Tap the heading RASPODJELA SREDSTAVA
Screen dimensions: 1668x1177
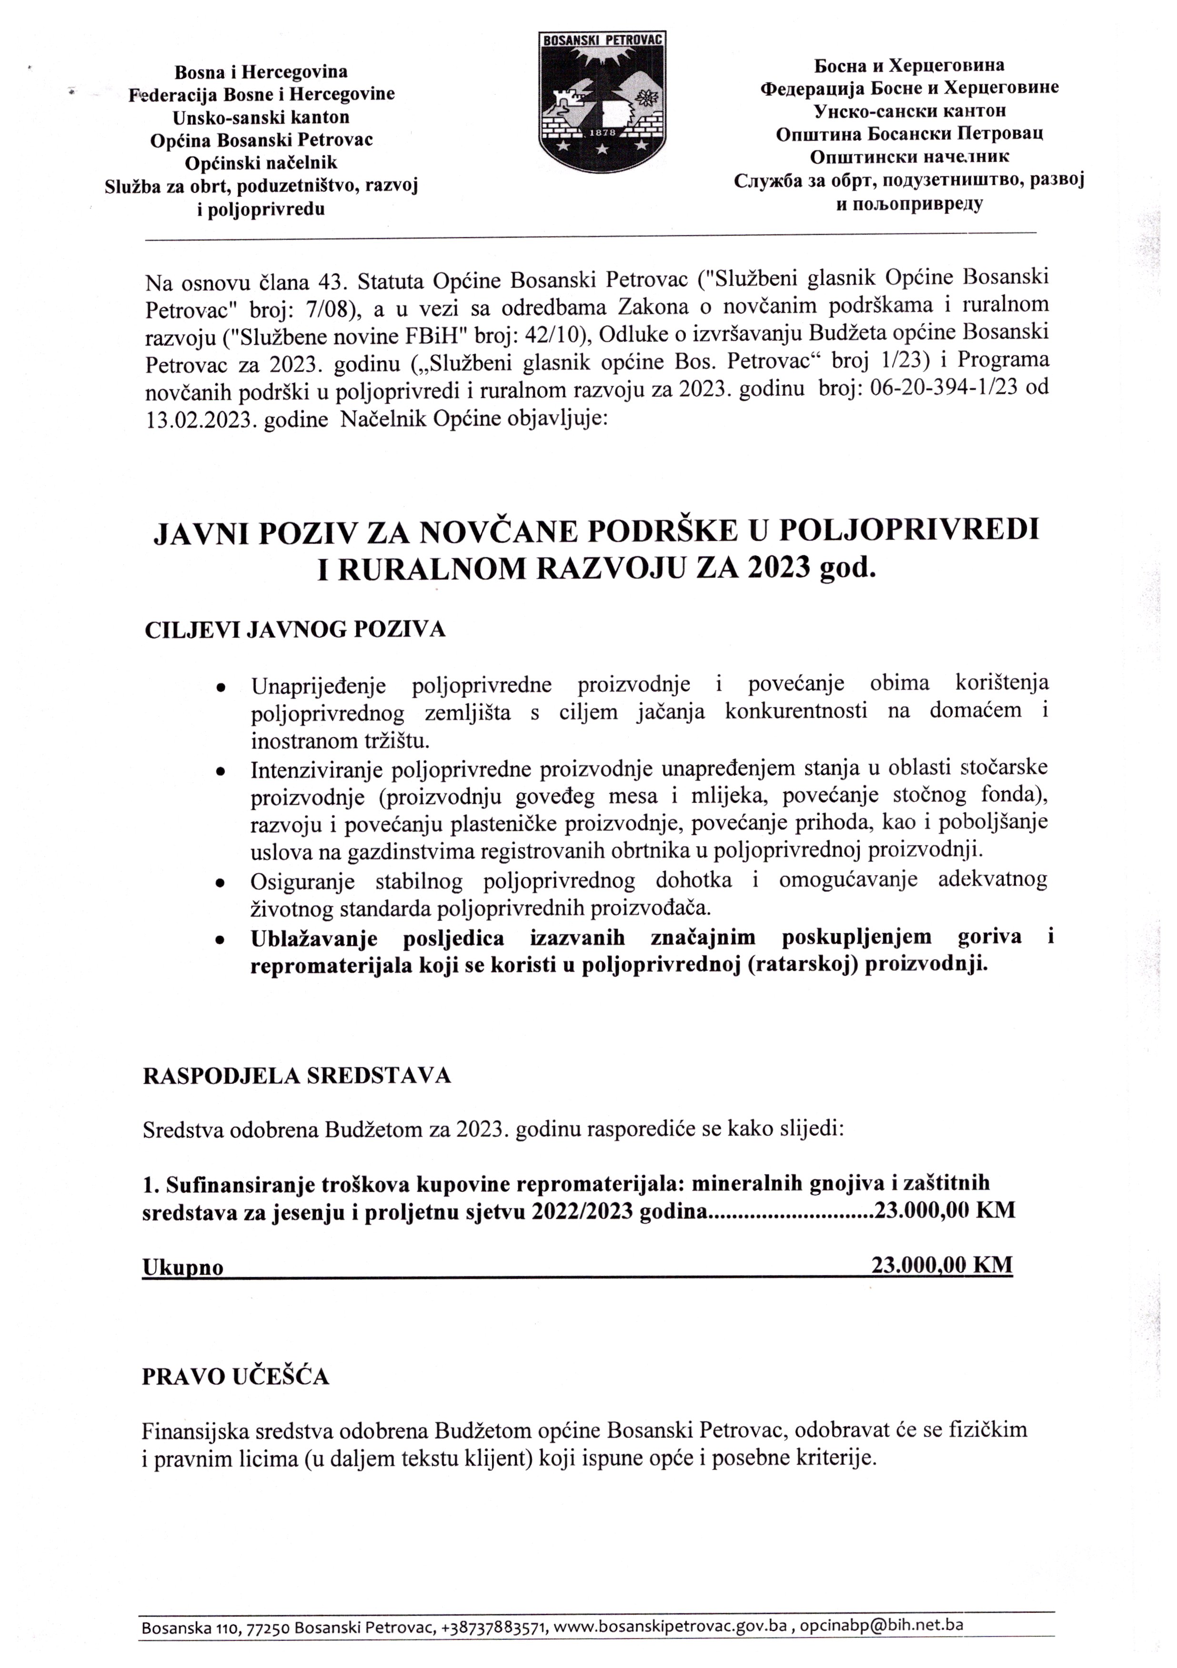[296, 1075]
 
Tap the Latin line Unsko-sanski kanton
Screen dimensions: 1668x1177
[261, 117]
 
